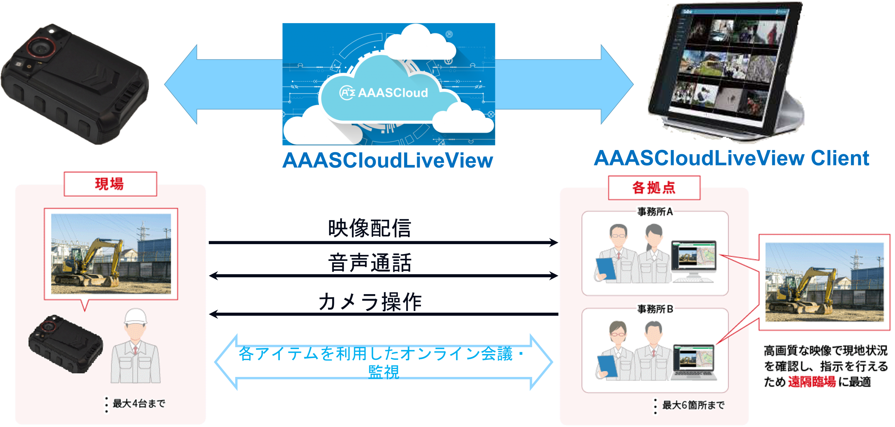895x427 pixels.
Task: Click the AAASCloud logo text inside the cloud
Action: coord(384,93)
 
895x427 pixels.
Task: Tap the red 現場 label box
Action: coord(110,184)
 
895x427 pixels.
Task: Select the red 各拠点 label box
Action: coord(654,188)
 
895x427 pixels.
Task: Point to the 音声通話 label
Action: coord(370,263)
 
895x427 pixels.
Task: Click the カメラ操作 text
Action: coord(370,301)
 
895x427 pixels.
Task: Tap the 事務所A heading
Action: coord(654,212)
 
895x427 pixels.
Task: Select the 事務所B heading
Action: coord(654,309)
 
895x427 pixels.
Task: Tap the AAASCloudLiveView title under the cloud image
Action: coord(387,160)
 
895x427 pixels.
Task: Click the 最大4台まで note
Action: coord(138,403)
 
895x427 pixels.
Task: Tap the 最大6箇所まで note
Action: coord(693,405)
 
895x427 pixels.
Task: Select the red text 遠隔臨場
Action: coord(811,382)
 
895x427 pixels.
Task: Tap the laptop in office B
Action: coord(694,362)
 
